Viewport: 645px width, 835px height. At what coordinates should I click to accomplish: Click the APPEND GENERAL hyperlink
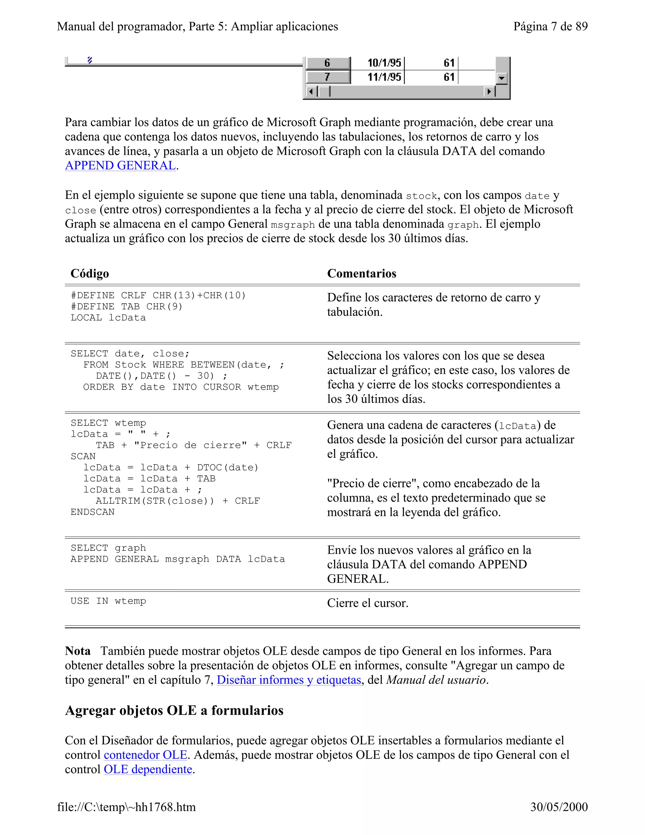pos(120,165)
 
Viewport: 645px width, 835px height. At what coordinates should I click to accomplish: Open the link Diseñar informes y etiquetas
pos(289,680)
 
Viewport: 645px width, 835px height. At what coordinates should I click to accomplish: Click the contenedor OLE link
pos(146,755)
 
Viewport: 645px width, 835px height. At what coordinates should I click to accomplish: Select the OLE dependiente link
pos(148,769)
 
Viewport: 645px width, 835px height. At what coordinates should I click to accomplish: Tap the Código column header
pos(90,274)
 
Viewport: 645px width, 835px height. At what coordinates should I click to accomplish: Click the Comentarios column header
pos(362,274)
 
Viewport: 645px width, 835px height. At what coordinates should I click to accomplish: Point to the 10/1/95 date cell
pos(384,63)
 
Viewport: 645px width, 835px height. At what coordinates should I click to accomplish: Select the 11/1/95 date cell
pos(384,77)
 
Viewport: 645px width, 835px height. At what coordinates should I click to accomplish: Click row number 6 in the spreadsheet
pos(328,63)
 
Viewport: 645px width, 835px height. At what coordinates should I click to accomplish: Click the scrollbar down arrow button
pos(501,78)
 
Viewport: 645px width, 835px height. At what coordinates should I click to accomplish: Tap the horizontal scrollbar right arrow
pos(489,92)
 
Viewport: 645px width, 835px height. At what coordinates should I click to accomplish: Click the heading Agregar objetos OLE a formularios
pos(174,710)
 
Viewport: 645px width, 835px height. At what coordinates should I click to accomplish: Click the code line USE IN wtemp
pos(108,601)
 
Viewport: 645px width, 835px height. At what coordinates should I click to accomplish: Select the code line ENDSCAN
pos(93,512)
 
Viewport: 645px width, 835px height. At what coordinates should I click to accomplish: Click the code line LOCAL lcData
pos(108,318)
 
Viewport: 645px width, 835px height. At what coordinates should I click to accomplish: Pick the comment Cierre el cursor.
pos(368,603)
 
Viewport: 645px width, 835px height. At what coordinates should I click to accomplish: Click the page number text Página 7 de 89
pos(550,26)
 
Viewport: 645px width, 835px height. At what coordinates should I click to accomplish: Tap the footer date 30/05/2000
pos(559,807)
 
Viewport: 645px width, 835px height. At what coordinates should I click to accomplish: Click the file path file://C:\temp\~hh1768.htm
pos(127,807)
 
